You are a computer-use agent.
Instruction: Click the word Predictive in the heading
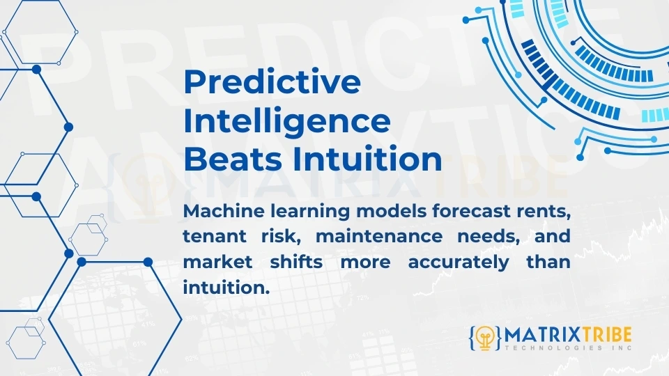272,83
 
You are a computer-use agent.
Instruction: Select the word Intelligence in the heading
286,121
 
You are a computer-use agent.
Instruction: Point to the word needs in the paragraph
486,236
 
